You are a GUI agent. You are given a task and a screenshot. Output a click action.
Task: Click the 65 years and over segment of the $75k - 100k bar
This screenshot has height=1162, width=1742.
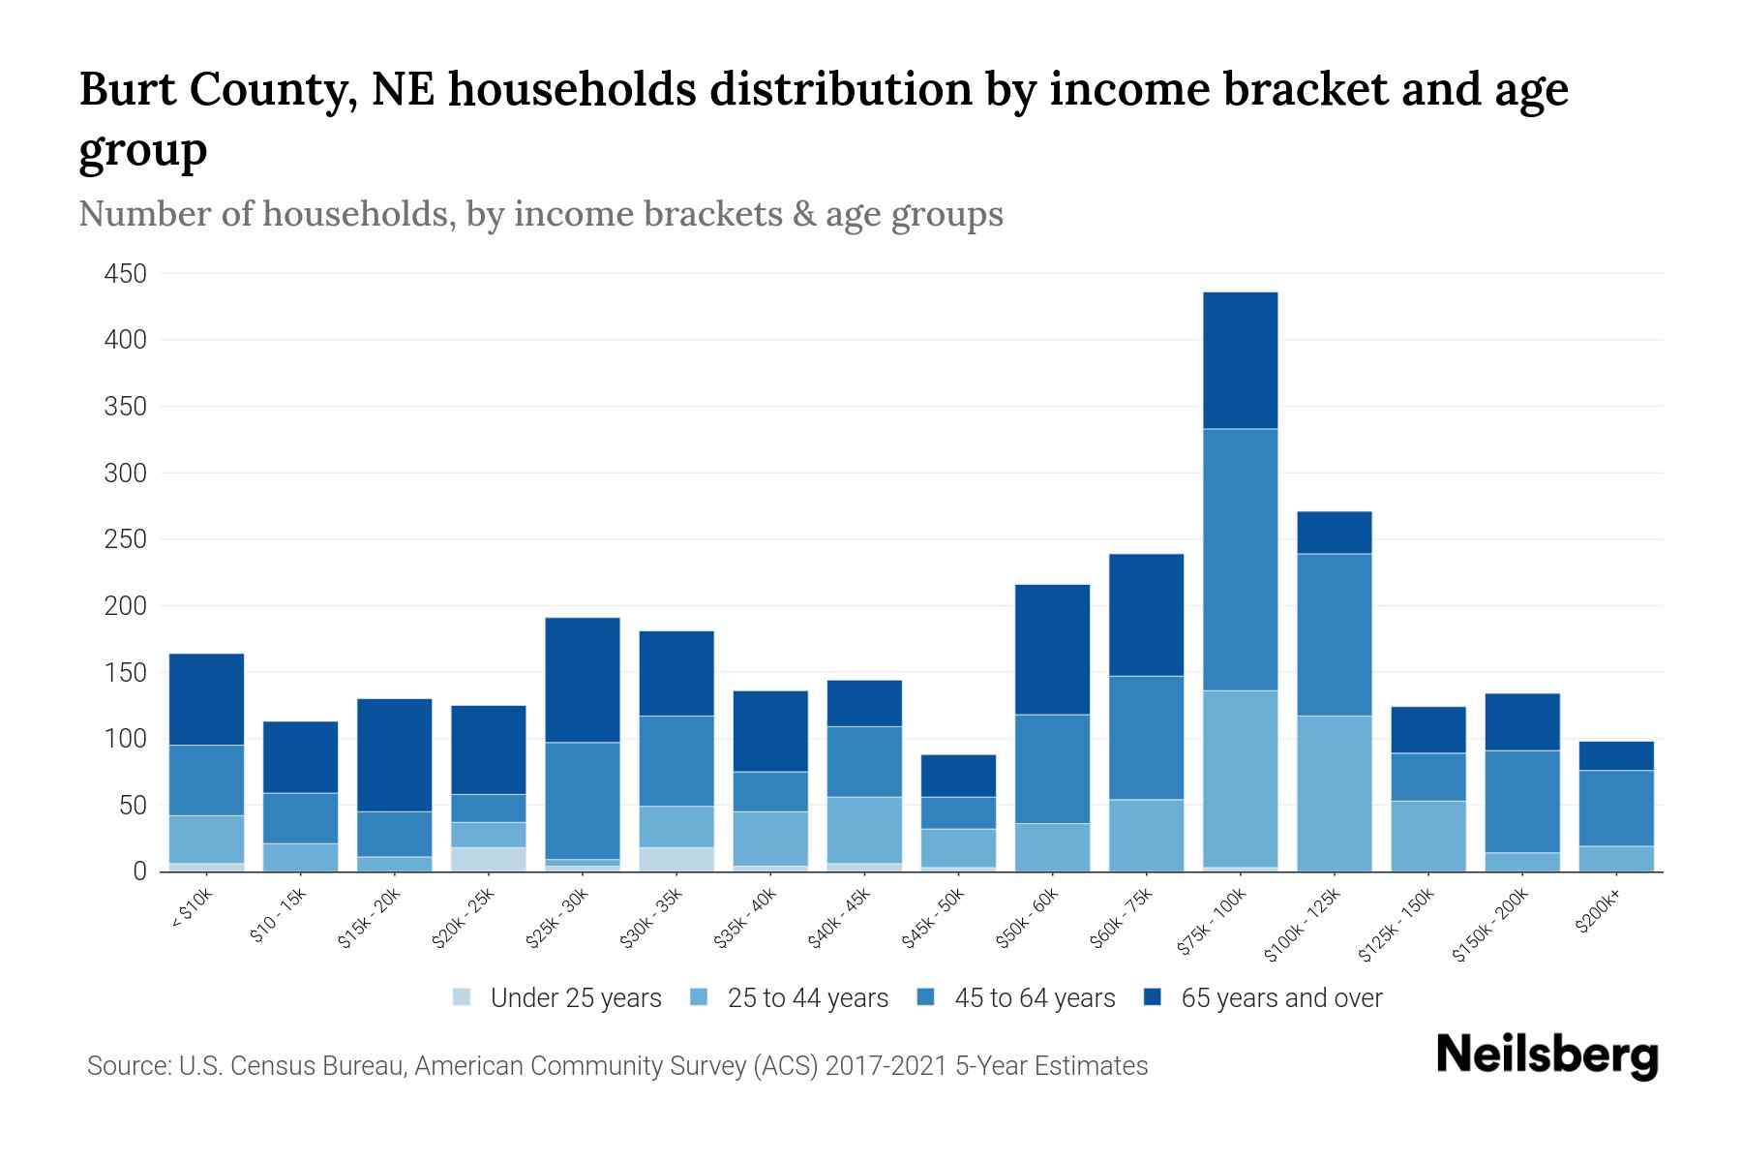pos(1240,360)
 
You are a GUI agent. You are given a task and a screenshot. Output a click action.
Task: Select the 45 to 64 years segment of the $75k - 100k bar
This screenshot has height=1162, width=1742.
pos(1240,560)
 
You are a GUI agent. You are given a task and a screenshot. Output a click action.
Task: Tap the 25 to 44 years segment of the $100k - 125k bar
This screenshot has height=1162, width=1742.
pos(1334,793)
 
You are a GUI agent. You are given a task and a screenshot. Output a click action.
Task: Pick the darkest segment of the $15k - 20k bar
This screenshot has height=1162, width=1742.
pos(394,754)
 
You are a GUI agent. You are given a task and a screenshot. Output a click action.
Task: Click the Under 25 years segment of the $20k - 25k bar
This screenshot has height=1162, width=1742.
pos(488,859)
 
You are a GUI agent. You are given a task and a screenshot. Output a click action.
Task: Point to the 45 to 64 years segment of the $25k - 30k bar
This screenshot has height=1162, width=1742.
pos(582,801)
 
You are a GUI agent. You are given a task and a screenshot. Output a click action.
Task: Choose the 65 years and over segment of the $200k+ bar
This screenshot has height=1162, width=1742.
pos(1615,756)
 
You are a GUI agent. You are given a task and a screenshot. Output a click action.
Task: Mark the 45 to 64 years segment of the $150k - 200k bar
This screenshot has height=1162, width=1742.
pos(1521,802)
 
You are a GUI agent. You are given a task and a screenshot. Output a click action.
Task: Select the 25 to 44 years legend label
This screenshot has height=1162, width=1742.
pos(807,998)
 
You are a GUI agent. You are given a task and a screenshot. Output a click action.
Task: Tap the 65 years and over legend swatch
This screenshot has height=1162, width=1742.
pos(1153,997)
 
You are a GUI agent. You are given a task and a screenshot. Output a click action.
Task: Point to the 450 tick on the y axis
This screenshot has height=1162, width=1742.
pos(126,274)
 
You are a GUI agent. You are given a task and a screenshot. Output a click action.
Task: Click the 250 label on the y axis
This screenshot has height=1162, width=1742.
pos(126,539)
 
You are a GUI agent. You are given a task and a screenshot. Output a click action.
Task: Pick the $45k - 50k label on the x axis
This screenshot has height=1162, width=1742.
pos(934,918)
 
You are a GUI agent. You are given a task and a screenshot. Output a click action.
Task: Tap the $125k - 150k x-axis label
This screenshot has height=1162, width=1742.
pos(1396,925)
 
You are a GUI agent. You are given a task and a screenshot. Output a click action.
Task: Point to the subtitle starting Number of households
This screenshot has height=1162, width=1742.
pos(540,214)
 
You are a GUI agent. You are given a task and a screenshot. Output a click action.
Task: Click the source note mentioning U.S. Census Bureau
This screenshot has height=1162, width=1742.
pos(616,1066)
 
